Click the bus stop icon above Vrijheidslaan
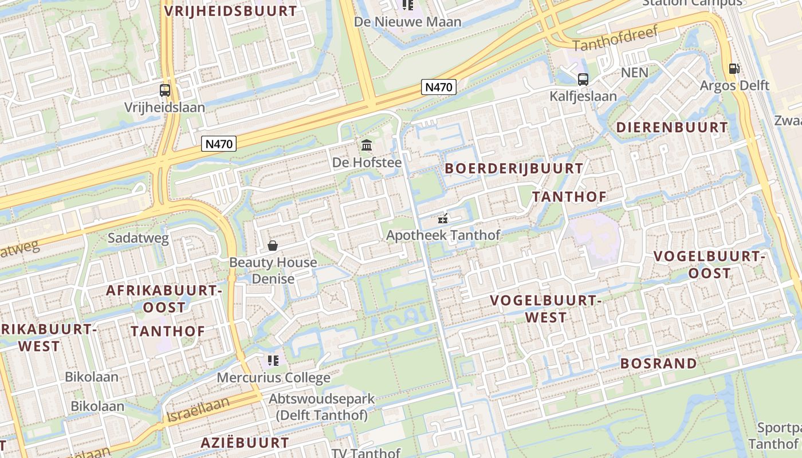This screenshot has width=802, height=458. [x=165, y=90]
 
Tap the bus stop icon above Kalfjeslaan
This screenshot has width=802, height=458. [x=583, y=80]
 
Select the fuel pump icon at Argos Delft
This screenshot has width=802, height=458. [x=734, y=69]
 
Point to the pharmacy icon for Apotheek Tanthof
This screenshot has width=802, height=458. [x=442, y=218]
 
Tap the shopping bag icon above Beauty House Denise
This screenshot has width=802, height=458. [x=273, y=246]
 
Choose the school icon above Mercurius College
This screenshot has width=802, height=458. [x=273, y=361]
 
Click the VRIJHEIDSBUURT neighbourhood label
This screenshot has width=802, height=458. [x=231, y=11]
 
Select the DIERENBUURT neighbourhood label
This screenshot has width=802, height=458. [x=673, y=127]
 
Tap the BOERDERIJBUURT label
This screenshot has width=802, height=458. [x=514, y=168]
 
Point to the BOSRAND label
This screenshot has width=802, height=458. [x=659, y=364]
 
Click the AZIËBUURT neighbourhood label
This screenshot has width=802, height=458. [x=245, y=443]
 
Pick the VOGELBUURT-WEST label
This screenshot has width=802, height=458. [x=544, y=309]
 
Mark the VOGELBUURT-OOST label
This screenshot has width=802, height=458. [x=710, y=264]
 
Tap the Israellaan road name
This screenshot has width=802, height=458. [x=198, y=409]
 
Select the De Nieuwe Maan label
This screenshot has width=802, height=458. [x=408, y=22]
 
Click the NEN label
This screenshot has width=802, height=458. [x=635, y=73]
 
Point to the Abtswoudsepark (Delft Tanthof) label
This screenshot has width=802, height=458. [x=322, y=406]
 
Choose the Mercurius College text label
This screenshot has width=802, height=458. [x=273, y=378]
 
